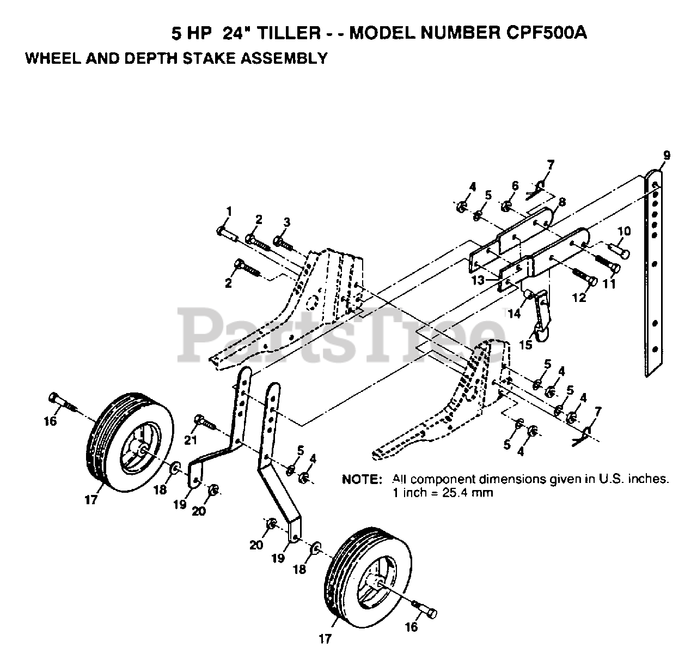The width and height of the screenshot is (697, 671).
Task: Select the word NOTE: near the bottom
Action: [x=361, y=480]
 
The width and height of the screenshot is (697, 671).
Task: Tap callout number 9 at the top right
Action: [x=667, y=156]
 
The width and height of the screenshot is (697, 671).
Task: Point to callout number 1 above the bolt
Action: [x=229, y=210]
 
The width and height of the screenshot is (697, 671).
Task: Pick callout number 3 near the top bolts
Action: [x=286, y=221]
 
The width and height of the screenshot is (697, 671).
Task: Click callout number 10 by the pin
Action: [x=623, y=231]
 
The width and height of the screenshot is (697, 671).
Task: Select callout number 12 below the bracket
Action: [x=579, y=298]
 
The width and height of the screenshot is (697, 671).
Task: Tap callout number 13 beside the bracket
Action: [x=478, y=280]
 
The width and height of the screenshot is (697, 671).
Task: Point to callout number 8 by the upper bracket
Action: [x=561, y=202]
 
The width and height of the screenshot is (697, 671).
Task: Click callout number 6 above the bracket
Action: [x=515, y=186]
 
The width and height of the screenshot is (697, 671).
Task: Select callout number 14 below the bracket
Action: [x=514, y=313]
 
